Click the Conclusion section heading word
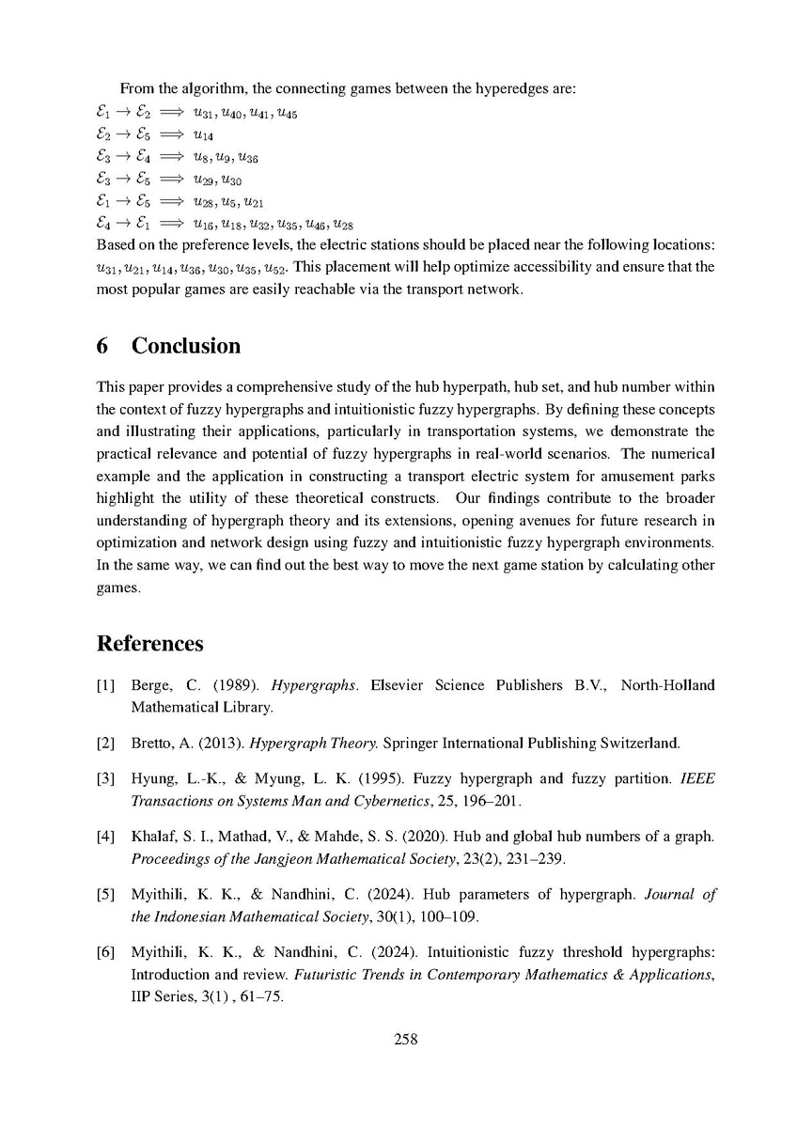coord(186,346)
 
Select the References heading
coord(150,644)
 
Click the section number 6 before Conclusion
coord(103,346)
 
